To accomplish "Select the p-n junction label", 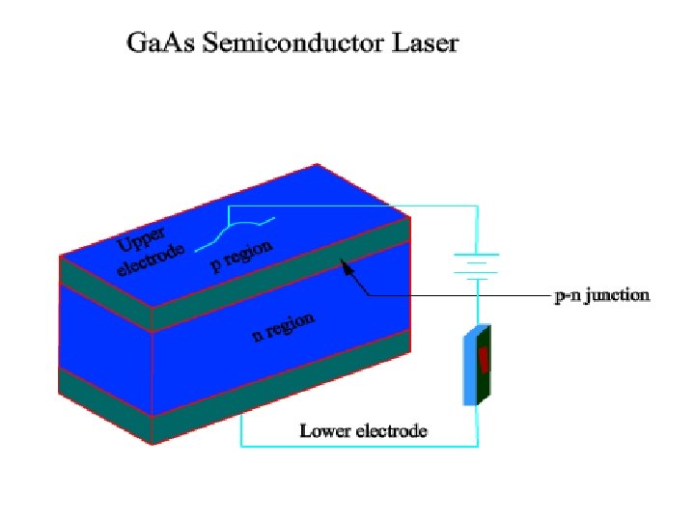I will [601, 295].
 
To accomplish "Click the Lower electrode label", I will [363, 429].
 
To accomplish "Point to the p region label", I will [242, 257].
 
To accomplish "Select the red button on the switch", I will [484, 359].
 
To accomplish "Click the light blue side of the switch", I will [470, 370].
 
